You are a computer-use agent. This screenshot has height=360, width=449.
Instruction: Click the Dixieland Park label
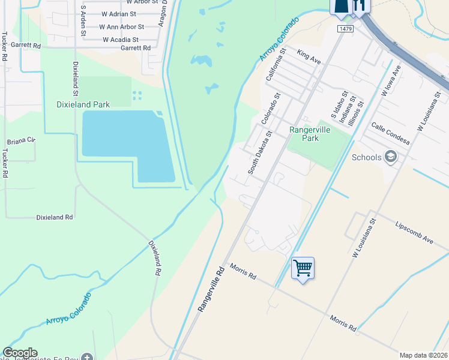tap(83, 104)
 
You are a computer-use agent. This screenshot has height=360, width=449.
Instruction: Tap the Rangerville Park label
tap(312, 134)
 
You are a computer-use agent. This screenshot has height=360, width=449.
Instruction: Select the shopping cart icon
tap(303, 267)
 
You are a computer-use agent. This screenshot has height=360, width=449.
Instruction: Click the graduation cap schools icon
tap(391, 157)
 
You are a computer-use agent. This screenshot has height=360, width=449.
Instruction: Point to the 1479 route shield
tap(345, 29)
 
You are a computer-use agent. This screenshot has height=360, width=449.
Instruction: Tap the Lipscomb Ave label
tap(414, 231)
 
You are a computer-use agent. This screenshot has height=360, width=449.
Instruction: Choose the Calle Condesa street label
tap(390, 134)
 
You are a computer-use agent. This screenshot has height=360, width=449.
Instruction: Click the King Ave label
tap(309, 58)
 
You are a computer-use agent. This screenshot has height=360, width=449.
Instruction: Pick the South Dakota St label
tap(261, 152)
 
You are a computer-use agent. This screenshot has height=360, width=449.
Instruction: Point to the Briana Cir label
tap(22, 142)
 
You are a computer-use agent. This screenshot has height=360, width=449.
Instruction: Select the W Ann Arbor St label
tap(122, 27)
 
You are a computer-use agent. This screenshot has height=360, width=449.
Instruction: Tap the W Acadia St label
tap(120, 40)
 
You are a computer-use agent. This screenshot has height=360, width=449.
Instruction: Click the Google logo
tap(20, 353)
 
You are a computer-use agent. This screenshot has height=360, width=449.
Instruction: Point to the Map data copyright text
tap(423, 355)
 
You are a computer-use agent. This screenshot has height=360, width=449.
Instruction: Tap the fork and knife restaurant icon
tap(361, 5)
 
